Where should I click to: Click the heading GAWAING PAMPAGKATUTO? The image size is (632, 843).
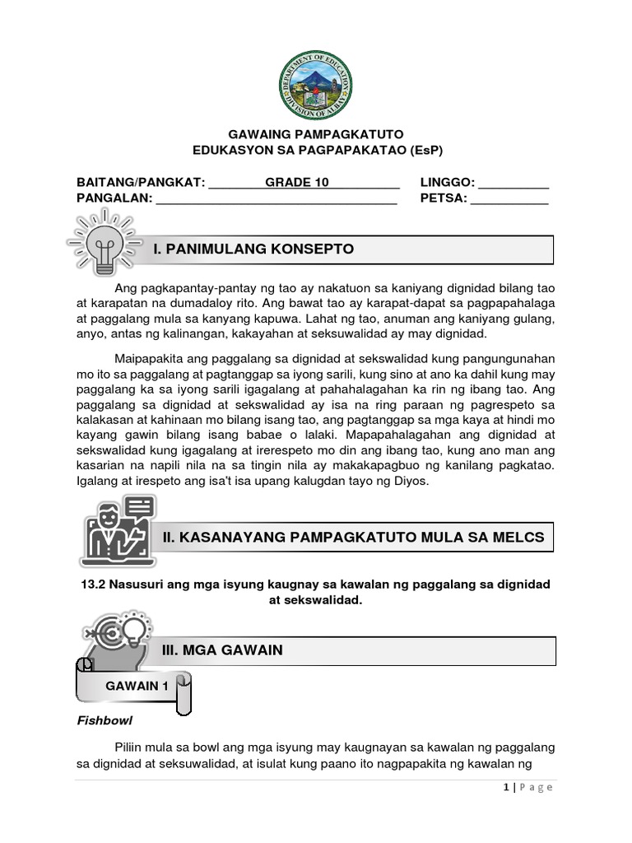[x=316, y=134]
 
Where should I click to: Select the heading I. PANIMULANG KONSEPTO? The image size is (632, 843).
[x=253, y=249]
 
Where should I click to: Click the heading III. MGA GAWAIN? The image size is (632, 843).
[x=223, y=650]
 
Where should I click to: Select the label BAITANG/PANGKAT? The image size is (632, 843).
[x=139, y=182]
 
